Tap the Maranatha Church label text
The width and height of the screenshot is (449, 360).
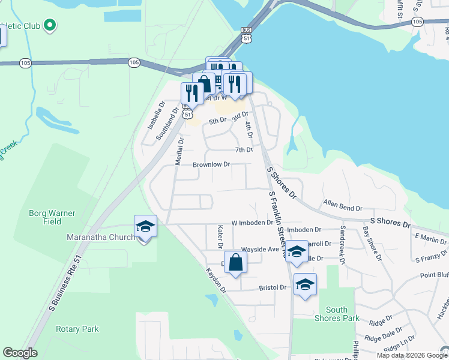[100, 238]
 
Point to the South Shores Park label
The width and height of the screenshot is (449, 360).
[337, 314]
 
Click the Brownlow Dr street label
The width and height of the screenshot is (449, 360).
[211, 164]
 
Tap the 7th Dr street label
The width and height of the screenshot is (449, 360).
[243, 149]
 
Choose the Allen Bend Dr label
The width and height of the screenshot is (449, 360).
[342, 208]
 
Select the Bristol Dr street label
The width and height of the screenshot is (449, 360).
[273, 287]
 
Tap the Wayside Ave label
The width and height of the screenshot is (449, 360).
[260, 249]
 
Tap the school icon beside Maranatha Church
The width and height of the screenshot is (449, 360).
[145, 227]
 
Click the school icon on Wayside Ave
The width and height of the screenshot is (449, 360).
[297, 251]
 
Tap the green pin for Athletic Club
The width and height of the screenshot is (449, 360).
[50, 25]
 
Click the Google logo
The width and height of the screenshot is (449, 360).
[20, 353]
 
